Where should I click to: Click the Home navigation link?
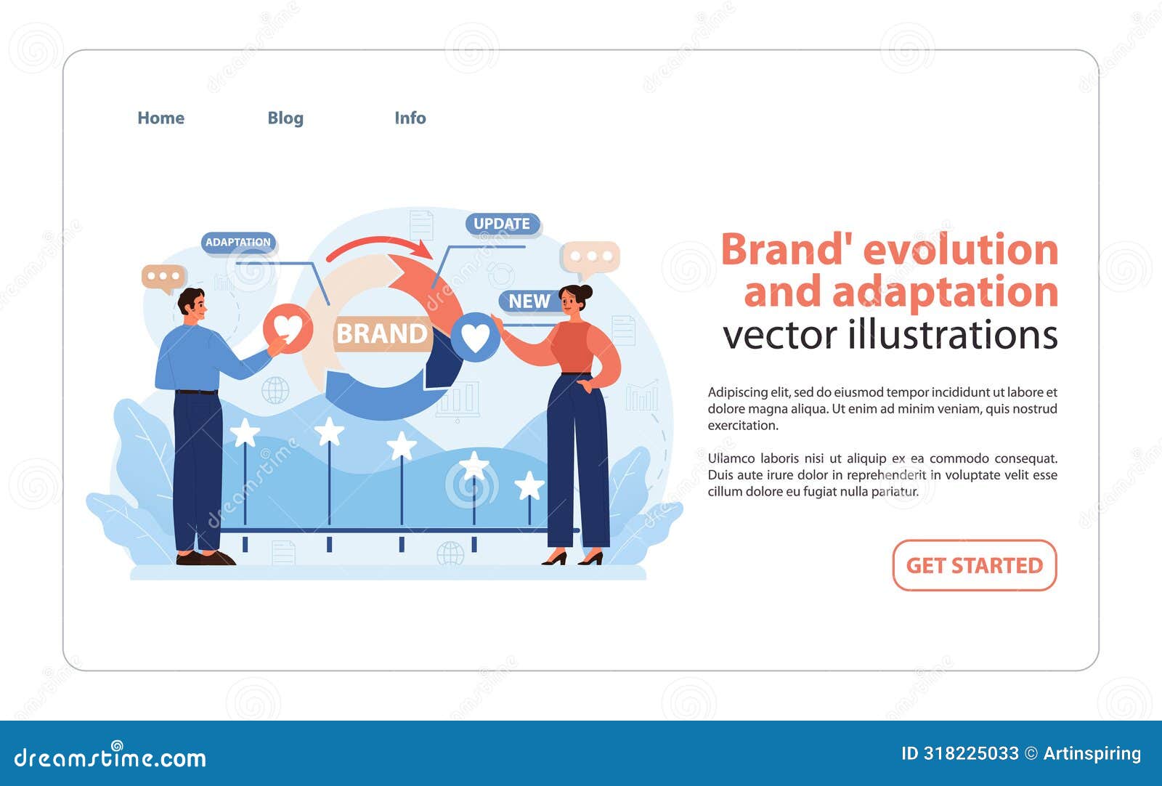click(x=161, y=118)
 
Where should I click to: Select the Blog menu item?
click(x=285, y=118)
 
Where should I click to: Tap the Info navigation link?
click(x=410, y=118)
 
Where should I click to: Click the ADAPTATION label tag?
click(x=238, y=243)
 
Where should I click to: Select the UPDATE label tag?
click(x=502, y=224)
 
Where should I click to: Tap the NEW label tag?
click(x=529, y=301)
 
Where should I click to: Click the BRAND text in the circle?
click(x=382, y=333)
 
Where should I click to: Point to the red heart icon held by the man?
click(x=288, y=328)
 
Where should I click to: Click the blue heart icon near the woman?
click(x=475, y=336)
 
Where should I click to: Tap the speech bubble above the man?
click(x=163, y=277)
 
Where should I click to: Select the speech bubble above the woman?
click(x=590, y=257)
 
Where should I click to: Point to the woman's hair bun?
click(x=585, y=292)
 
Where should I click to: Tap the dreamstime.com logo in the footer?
click(x=110, y=757)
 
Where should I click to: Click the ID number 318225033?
click(x=971, y=753)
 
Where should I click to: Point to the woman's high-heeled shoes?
click(x=572, y=559)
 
